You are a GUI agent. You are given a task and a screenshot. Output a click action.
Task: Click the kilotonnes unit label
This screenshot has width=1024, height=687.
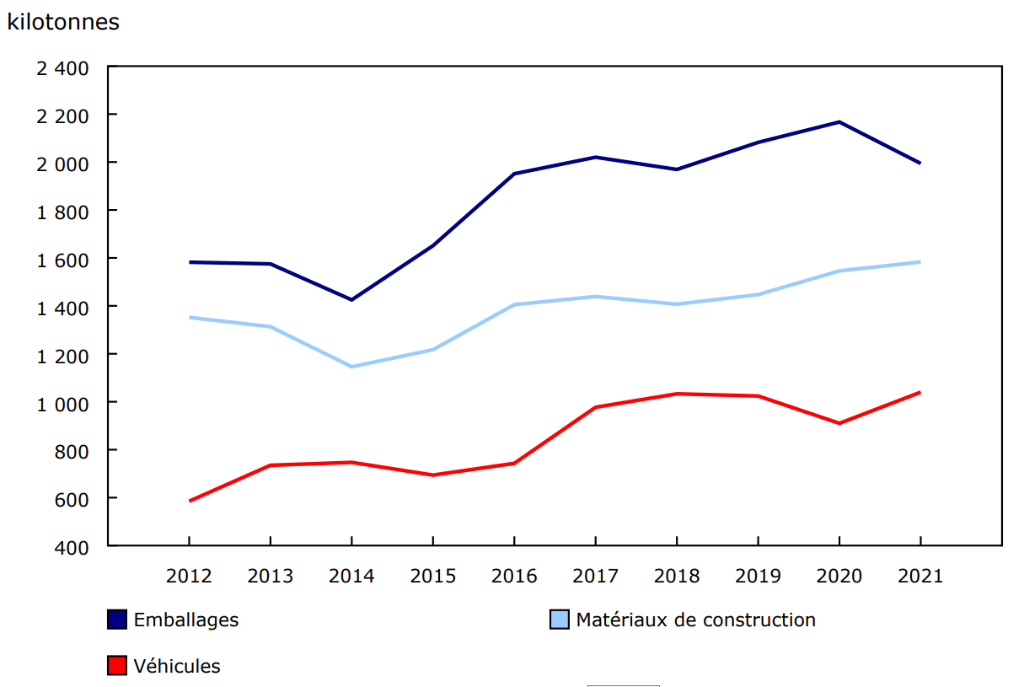click(63, 23)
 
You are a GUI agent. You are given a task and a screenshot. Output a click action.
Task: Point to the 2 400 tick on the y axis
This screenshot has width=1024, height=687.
click(62, 67)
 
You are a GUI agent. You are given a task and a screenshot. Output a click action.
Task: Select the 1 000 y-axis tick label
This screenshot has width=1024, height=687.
click(62, 403)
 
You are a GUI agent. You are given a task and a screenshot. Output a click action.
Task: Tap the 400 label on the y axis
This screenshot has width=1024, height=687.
click(72, 547)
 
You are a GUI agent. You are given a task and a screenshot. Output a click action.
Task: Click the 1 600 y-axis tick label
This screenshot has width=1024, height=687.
click(62, 259)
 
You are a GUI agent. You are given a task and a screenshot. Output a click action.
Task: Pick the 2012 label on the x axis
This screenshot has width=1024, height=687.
click(189, 577)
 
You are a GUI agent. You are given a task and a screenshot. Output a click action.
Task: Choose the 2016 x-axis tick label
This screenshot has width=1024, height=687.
click(513, 577)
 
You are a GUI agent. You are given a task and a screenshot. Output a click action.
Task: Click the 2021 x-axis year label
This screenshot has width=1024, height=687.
click(919, 577)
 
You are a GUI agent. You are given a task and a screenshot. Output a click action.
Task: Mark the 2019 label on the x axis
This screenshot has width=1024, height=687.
click(758, 577)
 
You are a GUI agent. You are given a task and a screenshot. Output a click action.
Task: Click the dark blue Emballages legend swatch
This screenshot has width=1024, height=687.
click(117, 620)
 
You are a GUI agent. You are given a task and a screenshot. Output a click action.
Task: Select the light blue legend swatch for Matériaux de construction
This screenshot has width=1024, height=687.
click(560, 620)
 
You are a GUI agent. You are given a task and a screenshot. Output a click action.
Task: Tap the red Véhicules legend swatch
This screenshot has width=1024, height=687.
click(117, 666)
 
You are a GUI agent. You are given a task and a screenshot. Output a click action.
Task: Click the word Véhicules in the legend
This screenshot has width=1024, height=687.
click(177, 666)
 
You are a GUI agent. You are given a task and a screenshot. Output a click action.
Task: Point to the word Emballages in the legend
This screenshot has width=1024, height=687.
click(186, 620)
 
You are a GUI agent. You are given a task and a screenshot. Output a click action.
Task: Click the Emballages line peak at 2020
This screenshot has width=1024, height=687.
click(839, 122)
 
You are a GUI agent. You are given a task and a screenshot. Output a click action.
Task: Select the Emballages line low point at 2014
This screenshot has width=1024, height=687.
click(351, 300)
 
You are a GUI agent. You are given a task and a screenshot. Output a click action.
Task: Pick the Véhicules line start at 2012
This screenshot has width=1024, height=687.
click(190, 501)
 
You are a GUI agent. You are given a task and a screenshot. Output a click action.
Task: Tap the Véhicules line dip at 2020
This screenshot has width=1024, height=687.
click(839, 423)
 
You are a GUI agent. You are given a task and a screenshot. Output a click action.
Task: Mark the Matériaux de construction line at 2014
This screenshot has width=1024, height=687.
click(351, 367)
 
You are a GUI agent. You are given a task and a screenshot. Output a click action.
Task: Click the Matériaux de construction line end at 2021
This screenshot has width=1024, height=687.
click(919, 262)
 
